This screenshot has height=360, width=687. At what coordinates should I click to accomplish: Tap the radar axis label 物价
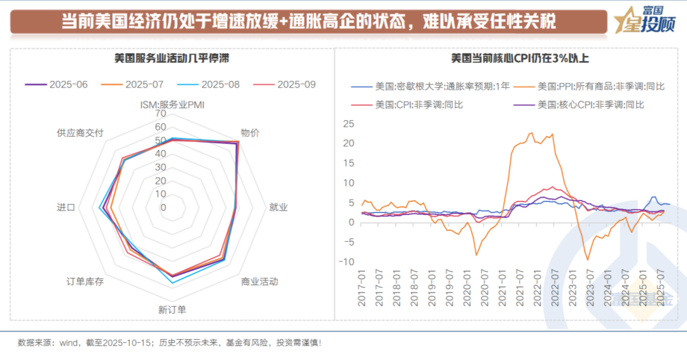coord(250,133)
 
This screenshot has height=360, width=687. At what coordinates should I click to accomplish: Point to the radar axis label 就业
coord(279,207)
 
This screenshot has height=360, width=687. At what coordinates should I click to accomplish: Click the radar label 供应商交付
coord(80,133)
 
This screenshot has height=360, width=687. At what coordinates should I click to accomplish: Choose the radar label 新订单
coord(172,310)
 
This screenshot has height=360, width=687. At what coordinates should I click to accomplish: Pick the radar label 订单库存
coord(85,281)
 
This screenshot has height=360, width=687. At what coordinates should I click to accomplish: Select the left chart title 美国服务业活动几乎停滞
coord(172,59)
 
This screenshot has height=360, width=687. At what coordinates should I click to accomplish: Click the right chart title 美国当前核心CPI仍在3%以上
coord(511,59)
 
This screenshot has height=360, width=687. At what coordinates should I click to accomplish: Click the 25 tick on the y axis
coord(347,124)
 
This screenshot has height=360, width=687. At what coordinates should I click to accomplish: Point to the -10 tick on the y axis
coord(346,262)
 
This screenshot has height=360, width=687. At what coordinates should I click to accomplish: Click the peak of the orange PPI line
coord(531,133)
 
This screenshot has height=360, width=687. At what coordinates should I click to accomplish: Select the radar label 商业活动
coord(259,281)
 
